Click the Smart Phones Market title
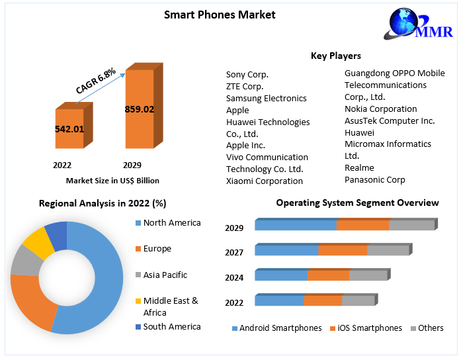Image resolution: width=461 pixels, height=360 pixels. click(x=220, y=15)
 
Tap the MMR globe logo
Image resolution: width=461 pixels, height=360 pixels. click(x=421, y=26)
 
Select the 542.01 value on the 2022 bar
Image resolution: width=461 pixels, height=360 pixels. click(x=69, y=129)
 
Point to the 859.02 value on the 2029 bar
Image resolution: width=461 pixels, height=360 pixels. click(x=139, y=109)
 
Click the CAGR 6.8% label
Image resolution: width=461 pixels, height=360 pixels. click(x=97, y=80)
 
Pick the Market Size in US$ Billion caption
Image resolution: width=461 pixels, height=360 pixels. click(x=112, y=180)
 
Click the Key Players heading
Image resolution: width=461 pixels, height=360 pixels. click(x=336, y=56)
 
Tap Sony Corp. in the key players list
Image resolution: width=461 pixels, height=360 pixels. click(x=247, y=75)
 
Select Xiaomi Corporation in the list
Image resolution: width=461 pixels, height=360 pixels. click(x=265, y=181)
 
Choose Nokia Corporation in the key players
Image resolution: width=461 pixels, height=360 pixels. click(x=380, y=109)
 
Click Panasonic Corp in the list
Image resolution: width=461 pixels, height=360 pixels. click(x=374, y=179)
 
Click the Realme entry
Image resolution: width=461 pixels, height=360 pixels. click(x=359, y=167)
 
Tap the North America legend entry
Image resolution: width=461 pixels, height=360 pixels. click(x=171, y=223)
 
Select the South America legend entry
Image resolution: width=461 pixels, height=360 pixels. click(x=171, y=326)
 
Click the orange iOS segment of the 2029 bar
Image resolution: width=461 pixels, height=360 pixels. click(x=362, y=225)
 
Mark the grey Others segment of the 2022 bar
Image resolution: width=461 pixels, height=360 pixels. click(x=358, y=300)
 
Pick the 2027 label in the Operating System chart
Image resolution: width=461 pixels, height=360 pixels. click(x=234, y=252)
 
